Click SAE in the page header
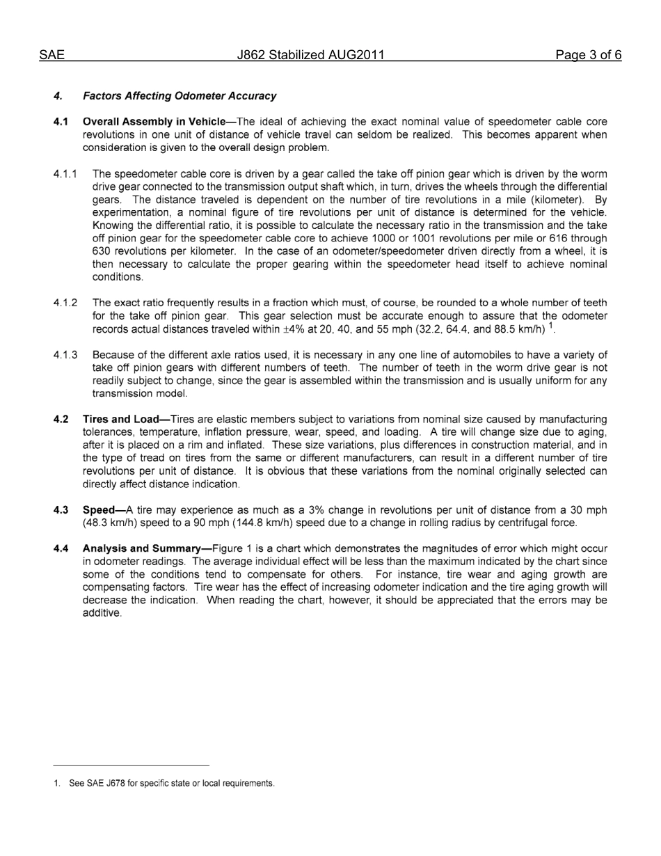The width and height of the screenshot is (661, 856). [x=52, y=56]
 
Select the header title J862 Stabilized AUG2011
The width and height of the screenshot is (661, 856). [x=310, y=56]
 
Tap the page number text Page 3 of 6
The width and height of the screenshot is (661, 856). [x=588, y=56]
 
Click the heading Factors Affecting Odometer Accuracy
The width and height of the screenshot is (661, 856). [x=179, y=96]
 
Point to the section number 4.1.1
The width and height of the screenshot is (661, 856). [x=65, y=174]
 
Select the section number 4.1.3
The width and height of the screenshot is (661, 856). [x=65, y=355]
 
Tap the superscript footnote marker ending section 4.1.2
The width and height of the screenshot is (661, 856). [x=551, y=326]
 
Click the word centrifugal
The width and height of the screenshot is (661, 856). [x=521, y=523]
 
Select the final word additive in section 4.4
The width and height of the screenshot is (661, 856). [x=102, y=613]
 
